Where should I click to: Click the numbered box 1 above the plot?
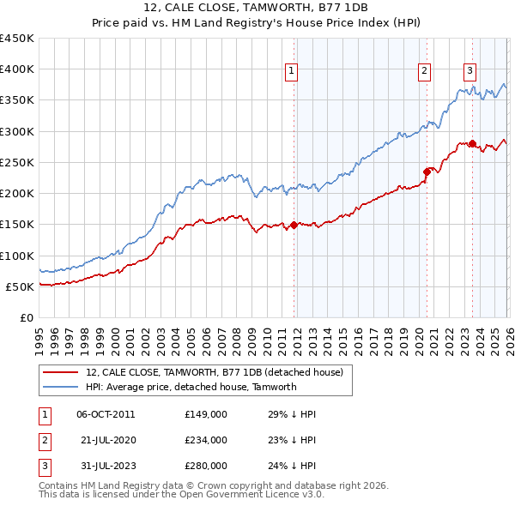[x=293, y=72]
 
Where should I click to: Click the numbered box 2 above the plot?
[x=425, y=72]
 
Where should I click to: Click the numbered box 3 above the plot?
[x=470, y=72]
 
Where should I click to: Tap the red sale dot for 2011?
[x=294, y=225]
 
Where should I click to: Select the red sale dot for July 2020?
[x=427, y=172]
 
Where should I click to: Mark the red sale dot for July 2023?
[x=472, y=143]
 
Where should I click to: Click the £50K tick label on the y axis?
[x=20, y=287]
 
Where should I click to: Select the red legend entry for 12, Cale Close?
[x=215, y=372]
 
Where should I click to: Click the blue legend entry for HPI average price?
[x=191, y=387]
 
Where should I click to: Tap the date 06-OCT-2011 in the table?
[x=106, y=415]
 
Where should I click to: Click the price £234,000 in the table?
[x=206, y=440]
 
